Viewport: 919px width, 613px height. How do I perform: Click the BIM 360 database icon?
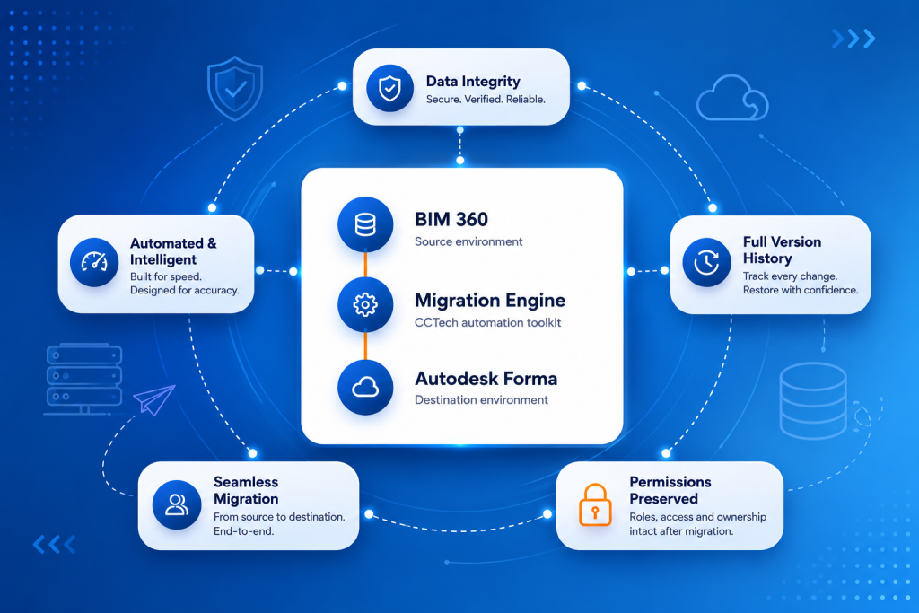click(x=365, y=224)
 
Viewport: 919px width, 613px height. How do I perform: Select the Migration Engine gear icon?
click(x=365, y=305)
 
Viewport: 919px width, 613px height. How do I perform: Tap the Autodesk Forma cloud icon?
click(x=365, y=388)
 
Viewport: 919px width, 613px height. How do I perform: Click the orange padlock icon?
click(x=595, y=504)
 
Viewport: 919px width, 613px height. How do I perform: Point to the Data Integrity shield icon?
click(x=389, y=89)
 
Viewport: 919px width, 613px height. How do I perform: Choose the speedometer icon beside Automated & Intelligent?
click(x=94, y=262)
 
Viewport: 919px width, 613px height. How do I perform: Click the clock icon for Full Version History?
click(x=707, y=263)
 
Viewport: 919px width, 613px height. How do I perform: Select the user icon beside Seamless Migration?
click(x=177, y=504)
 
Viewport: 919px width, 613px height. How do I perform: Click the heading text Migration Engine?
click(x=490, y=300)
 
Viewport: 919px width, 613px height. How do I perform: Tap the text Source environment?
click(x=468, y=241)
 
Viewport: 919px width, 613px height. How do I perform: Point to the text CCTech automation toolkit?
click(x=487, y=322)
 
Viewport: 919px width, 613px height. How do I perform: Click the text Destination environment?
click(x=481, y=399)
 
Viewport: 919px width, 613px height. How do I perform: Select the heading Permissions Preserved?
click(x=670, y=490)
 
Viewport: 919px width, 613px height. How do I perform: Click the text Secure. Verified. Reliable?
click(x=486, y=100)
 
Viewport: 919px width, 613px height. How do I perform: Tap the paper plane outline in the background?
click(x=154, y=399)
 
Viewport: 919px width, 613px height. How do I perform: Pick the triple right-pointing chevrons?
click(x=853, y=39)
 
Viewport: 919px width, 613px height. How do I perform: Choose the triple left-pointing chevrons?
click(x=55, y=545)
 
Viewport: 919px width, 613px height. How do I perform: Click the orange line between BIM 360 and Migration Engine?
click(x=365, y=265)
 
